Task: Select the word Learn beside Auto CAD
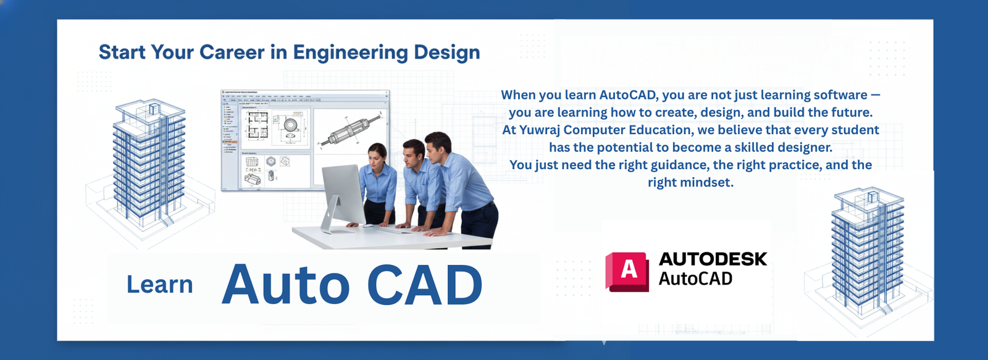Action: [159, 285]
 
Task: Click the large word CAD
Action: [424, 285]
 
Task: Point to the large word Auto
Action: [285, 285]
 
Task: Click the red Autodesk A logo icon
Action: [627, 270]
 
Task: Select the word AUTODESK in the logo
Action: [713, 259]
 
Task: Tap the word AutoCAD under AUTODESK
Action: [695, 279]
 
